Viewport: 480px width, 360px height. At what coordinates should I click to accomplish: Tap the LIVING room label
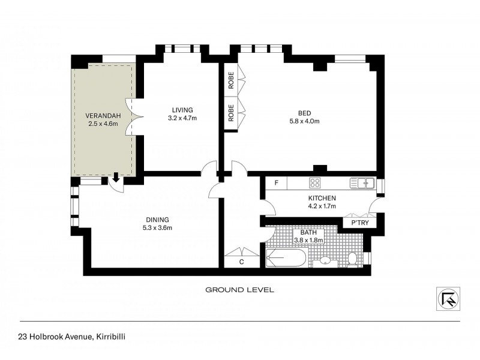pos(182,110)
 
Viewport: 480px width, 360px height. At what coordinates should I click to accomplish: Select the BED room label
pos(305,112)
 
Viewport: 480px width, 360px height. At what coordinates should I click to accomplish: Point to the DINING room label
pos(156,219)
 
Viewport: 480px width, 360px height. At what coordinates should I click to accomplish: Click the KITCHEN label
pos(322,198)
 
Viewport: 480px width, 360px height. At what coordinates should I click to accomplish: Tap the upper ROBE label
pos(230,80)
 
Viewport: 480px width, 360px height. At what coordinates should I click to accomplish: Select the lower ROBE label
pos(230,112)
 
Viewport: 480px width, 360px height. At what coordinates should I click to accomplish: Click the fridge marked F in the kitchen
pos(276,182)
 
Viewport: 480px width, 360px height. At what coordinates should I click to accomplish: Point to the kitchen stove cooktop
pos(316,182)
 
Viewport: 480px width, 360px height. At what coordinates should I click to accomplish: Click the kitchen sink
pos(364,182)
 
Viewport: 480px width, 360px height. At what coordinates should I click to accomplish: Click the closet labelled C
pos(240,261)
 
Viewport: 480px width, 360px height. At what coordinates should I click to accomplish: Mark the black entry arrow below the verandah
pos(115,177)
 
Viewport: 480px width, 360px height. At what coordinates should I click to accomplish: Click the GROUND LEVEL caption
pos(239,290)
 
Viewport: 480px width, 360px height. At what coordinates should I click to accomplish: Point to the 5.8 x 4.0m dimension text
pos(305,121)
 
